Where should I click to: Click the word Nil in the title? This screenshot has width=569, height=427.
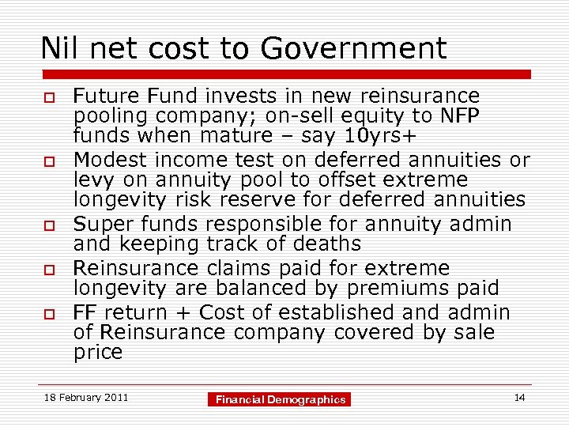[x=58, y=49]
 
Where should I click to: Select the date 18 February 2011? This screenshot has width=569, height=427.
[x=86, y=398]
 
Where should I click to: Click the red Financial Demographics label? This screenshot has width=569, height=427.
[x=281, y=400]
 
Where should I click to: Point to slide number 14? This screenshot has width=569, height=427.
[x=519, y=398]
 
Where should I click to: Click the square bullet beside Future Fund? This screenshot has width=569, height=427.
[x=47, y=98]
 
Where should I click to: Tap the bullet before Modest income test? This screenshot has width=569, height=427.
[x=47, y=162]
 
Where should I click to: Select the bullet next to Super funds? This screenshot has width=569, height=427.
[x=47, y=226]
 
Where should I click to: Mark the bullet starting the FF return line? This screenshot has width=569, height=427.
[x=47, y=314]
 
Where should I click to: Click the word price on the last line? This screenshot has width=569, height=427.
[x=98, y=352]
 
